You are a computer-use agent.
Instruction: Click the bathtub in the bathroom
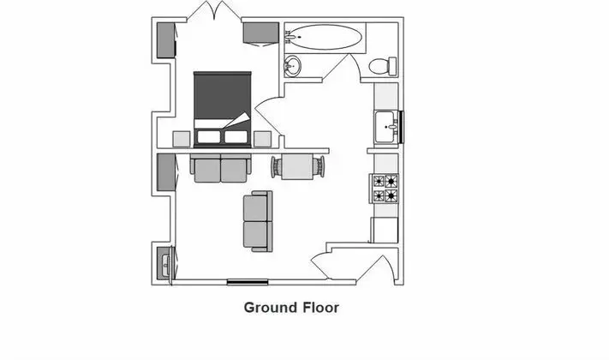[x=325, y=38]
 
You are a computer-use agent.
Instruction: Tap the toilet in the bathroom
[x=382, y=66]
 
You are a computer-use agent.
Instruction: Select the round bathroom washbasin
[x=292, y=66]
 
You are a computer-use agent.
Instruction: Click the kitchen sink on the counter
[x=386, y=127]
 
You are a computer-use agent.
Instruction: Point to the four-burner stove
[x=384, y=189]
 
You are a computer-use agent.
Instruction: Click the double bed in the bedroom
[x=222, y=110]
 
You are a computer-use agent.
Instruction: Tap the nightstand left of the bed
[x=182, y=139]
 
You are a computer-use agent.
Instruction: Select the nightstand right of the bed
[x=263, y=139]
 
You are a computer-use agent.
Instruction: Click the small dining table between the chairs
[x=297, y=167]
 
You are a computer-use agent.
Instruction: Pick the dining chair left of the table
[x=276, y=167]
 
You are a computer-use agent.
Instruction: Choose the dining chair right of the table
[x=319, y=167]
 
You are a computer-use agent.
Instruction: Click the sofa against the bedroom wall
[x=221, y=168]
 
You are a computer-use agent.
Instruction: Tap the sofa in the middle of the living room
[x=258, y=221]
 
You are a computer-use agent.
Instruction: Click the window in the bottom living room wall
[x=248, y=282]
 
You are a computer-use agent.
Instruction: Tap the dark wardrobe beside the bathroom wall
[x=261, y=33]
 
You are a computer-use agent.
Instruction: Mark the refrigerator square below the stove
[x=385, y=231]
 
